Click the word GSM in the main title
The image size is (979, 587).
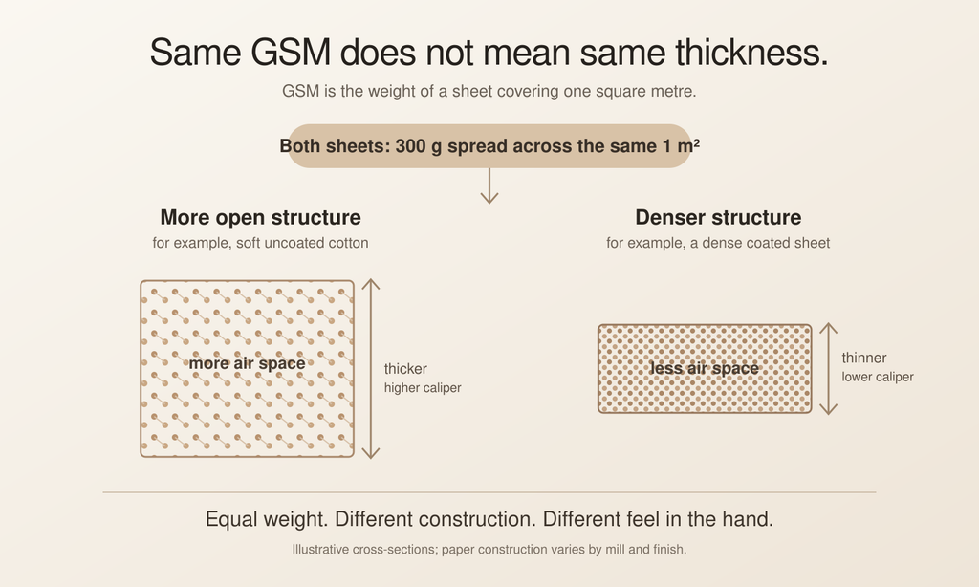[x=291, y=52]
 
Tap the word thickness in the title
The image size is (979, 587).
[x=751, y=52]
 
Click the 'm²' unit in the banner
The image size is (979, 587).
[x=688, y=145]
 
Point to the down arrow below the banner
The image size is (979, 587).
[x=489, y=185]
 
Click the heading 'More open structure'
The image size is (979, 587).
[x=260, y=217]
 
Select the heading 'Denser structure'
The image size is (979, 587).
[x=718, y=217]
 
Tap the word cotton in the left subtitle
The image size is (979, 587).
[x=348, y=243]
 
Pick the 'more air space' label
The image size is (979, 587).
[x=248, y=363]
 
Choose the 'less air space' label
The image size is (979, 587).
[x=705, y=368]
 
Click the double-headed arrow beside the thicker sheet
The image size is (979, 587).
[x=371, y=368]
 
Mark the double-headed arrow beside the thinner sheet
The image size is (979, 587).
[x=829, y=368]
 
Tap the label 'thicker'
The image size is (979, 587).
[x=405, y=369]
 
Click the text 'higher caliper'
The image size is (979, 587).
[x=423, y=388]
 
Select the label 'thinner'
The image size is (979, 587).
[x=864, y=358]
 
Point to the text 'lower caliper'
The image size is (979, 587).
[x=878, y=378]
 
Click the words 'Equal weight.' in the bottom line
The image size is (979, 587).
[x=266, y=519]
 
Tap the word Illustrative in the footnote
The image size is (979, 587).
[x=320, y=550]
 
